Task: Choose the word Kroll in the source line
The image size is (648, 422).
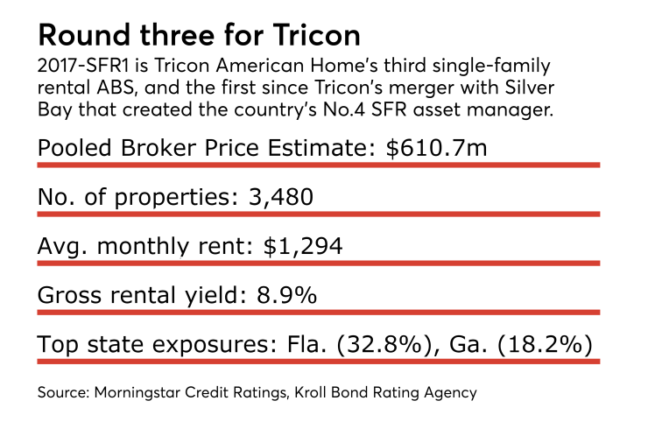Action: pos(320,393)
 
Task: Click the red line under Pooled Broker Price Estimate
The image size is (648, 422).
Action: pos(318,164)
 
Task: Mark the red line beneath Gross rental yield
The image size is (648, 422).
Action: pos(318,311)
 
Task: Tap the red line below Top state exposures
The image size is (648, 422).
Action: pos(318,360)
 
